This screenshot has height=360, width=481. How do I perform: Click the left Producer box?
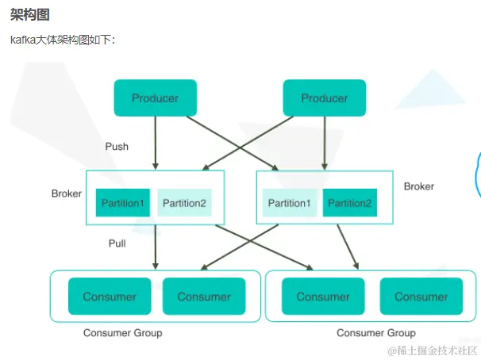[155, 98]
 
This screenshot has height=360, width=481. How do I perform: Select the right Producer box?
[324, 98]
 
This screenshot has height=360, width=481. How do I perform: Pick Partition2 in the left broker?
[184, 203]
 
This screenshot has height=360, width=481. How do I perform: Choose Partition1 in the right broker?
[289, 203]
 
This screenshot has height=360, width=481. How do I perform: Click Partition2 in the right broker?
[350, 203]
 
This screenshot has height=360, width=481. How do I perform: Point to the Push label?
[117, 147]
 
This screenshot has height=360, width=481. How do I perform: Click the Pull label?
[117, 243]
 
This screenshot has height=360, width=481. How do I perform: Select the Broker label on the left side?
[67, 193]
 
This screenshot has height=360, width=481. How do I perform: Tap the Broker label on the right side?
[418, 186]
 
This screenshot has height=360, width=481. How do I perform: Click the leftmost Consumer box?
[110, 297]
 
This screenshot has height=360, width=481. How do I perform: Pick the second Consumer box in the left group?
[203, 297]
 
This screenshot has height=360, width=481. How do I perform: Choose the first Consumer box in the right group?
[322, 297]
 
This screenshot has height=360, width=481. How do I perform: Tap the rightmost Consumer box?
[421, 297]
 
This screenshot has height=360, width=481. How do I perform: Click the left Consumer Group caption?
[122, 333]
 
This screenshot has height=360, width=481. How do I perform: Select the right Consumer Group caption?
[375, 333]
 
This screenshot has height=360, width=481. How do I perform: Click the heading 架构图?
[25, 14]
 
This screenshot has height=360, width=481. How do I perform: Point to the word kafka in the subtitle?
[22, 40]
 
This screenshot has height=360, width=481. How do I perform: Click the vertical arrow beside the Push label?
[155, 143]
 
